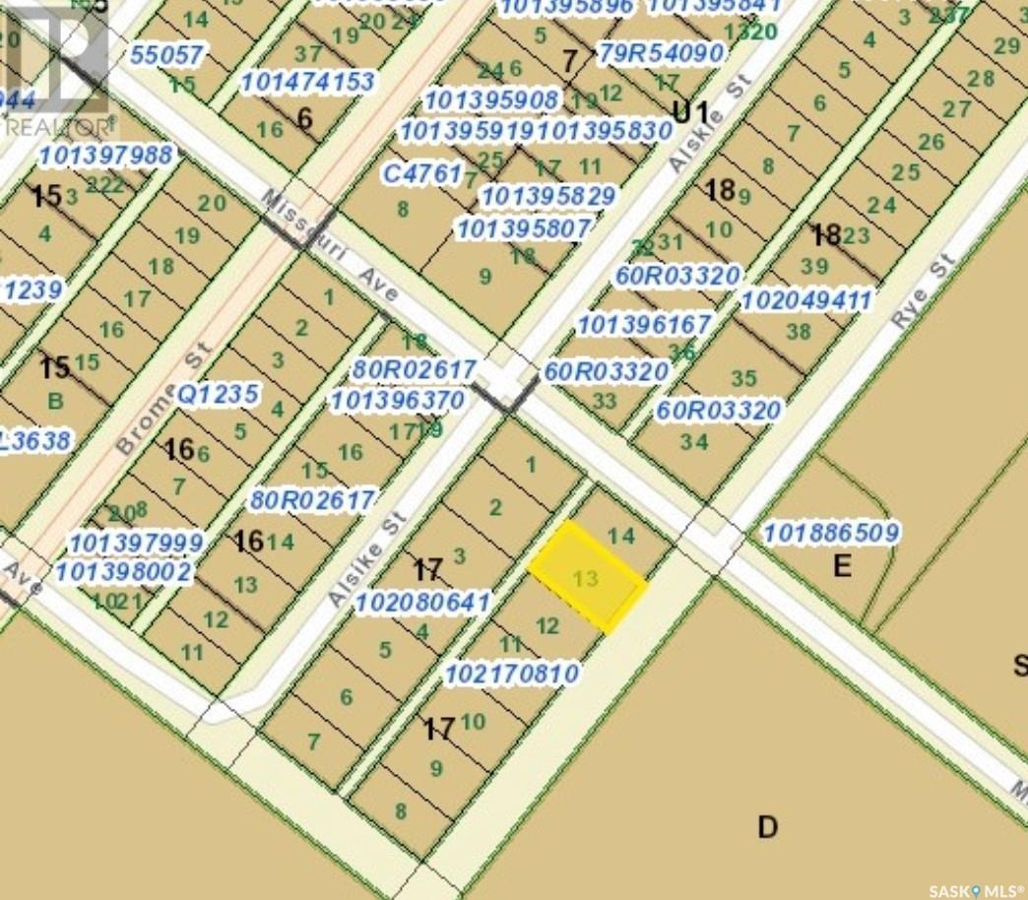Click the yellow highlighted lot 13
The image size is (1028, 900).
click(587, 577)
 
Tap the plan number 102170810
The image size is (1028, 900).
click(511, 675)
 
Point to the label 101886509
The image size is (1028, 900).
click(831, 534)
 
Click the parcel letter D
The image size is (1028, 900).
click(768, 826)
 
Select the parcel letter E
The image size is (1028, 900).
click(841, 565)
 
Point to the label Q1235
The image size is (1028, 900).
click(218, 395)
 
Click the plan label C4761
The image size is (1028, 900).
click(421, 174)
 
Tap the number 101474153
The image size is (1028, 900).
click(306, 82)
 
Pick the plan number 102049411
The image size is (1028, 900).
click(806, 299)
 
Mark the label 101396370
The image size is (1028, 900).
click(397, 401)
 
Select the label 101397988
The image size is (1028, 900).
click(106, 155)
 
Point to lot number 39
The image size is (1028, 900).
click(814, 267)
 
